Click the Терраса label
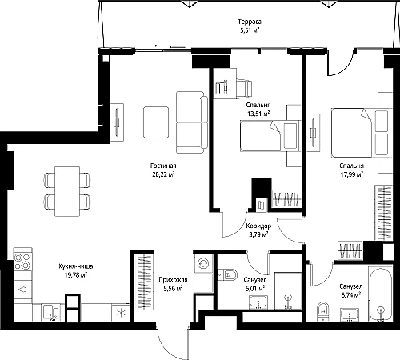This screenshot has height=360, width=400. tap(250, 22)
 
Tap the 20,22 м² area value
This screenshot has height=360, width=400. tap(162, 174)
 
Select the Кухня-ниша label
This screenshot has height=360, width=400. tap(76, 266)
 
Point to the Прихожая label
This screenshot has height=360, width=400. tap(173, 280)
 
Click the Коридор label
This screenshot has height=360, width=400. tap(258, 226)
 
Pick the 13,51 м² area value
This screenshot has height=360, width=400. tap(258, 114)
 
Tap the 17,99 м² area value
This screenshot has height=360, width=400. tap(352, 174)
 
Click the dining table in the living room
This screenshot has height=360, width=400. tap(67, 191)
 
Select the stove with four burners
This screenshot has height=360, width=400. tap(22, 262)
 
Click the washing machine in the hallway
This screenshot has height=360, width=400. tap(203, 263)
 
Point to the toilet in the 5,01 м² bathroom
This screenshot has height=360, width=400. tap(227, 274)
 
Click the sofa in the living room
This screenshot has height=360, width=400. tap(192, 122)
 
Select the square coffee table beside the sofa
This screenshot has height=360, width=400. tap(156, 122)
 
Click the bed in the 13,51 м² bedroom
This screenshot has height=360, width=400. tap(270, 136)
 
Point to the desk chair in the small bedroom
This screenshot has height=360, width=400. tap(244, 88)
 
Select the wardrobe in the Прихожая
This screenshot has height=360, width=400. tap(145, 282)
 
